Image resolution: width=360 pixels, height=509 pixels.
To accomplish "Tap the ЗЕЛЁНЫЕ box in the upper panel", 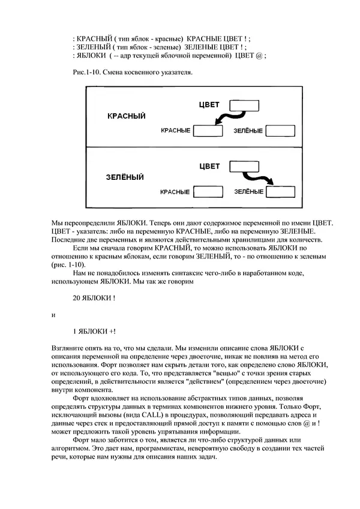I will click(x=280, y=130).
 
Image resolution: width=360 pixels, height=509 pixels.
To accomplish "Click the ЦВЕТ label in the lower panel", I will click(x=208, y=166).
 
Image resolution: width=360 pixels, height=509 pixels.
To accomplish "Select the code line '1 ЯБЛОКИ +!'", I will click(x=94, y=330).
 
